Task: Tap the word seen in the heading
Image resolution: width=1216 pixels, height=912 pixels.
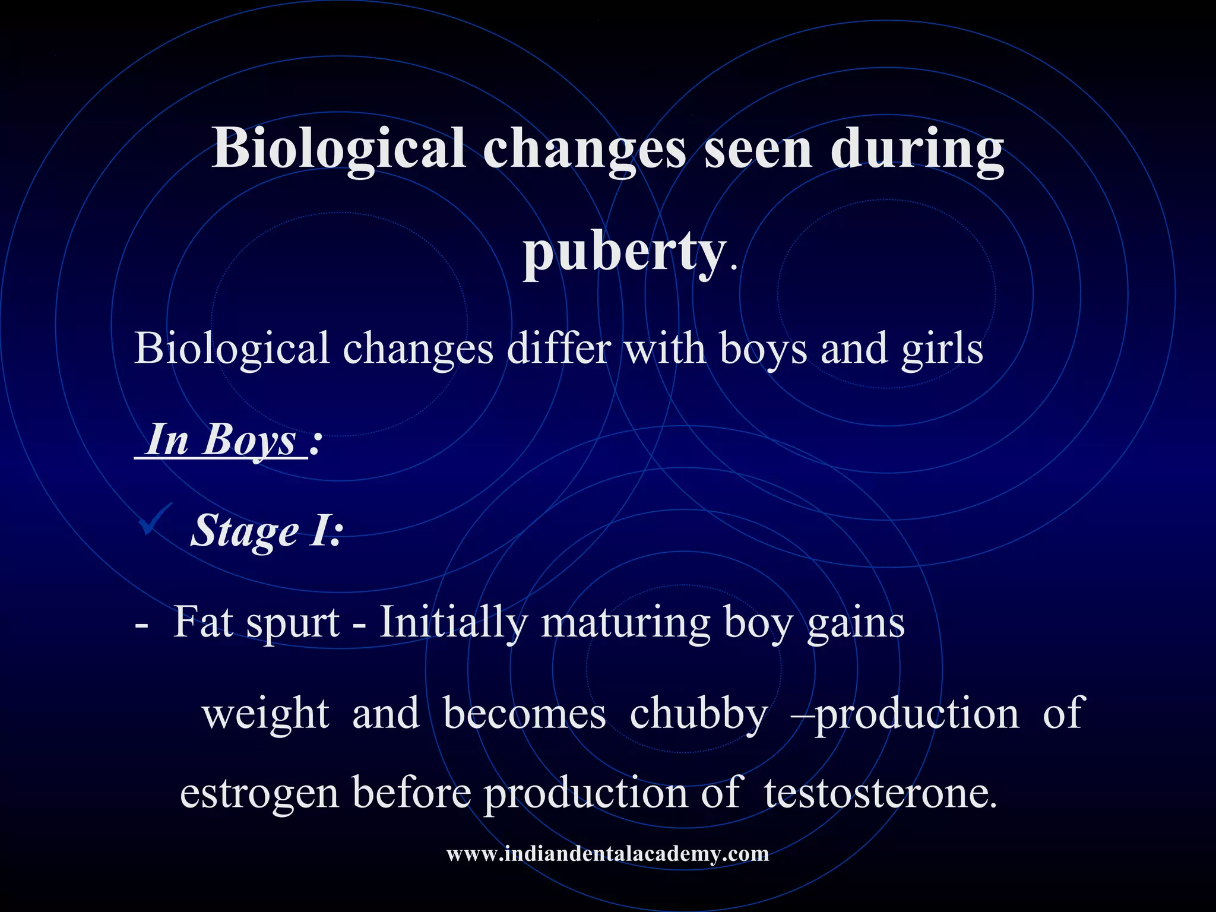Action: [x=758, y=149]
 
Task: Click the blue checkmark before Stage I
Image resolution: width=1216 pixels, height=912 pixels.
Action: [x=155, y=518]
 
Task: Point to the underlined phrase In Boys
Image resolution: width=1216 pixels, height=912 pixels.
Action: [x=221, y=441]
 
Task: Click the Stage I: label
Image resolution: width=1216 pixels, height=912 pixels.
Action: [x=267, y=530]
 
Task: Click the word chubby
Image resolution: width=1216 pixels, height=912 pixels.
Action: [x=698, y=714]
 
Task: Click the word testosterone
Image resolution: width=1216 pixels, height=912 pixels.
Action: [x=880, y=793]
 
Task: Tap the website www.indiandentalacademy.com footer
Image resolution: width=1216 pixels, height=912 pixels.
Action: [x=607, y=854]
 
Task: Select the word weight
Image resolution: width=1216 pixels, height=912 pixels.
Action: [x=265, y=714]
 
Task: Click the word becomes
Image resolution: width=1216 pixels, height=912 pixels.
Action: [x=524, y=713]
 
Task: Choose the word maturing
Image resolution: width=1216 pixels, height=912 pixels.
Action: [x=625, y=623]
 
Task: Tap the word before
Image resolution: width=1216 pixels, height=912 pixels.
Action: [x=411, y=793]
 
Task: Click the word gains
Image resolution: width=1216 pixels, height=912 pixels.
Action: [x=856, y=623]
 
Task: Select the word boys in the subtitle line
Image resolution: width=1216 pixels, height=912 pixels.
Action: [x=763, y=349]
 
